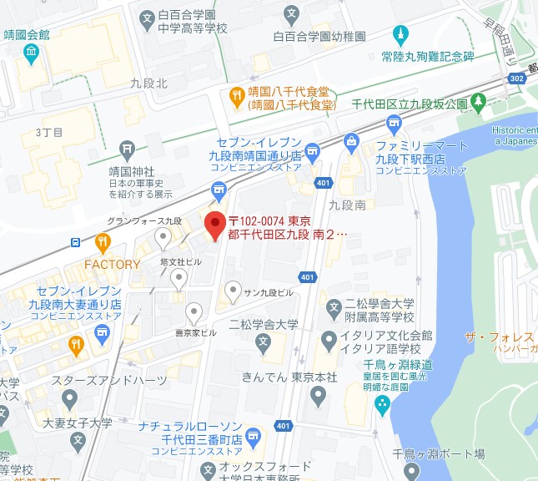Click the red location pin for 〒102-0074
click(x=215, y=224)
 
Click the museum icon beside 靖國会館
click(x=31, y=53)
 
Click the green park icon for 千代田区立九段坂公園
click(x=478, y=104)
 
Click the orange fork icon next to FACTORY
click(x=103, y=243)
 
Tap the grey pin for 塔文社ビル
click(x=176, y=278)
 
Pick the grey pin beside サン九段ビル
click(x=231, y=292)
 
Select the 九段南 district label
click(x=347, y=204)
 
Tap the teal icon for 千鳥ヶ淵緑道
click(x=383, y=406)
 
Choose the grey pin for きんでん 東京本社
click(x=318, y=396)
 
